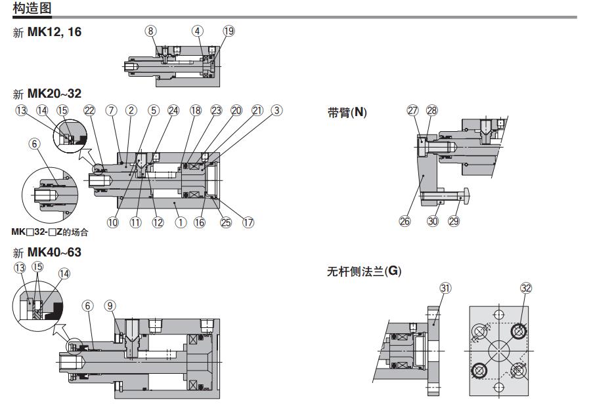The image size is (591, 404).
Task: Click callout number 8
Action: [x=151, y=31]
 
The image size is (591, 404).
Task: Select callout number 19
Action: [x=228, y=31]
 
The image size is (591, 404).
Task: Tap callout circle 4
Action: [x=198, y=31]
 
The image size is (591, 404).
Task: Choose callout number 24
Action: [x=173, y=110]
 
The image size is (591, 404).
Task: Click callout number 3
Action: [x=277, y=110]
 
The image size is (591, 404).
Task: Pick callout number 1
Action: [x=180, y=222]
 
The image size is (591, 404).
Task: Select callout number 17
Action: [x=248, y=222]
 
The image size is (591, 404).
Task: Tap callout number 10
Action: [x=113, y=222]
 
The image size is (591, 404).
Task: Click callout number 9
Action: [x=110, y=305]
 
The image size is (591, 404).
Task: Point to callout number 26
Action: [x=405, y=222]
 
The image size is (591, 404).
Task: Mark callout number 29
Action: [x=453, y=222]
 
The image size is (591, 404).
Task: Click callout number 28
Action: [x=431, y=110]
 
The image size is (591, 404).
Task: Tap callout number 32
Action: [x=526, y=288]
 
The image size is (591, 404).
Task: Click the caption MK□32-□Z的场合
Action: [x=50, y=232]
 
